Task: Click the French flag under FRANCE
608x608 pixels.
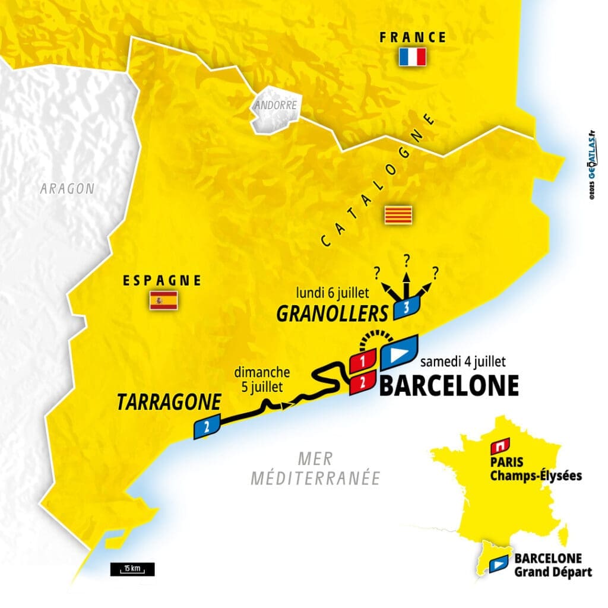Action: click(413, 57)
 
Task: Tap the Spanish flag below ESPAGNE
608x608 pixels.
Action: click(163, 300)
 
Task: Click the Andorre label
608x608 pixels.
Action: click(275, 105)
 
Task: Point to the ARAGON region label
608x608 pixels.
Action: click(67, 189)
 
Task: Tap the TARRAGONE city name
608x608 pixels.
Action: click(168, 403)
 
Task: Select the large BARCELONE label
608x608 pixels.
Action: click(448, 385)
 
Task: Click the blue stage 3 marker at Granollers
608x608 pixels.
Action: click(406, 309)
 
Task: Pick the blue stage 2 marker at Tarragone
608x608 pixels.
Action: click(207, 426)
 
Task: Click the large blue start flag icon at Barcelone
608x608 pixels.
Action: click(399, 353)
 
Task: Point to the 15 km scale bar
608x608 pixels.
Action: click(132, 569)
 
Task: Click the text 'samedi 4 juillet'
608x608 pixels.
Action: click(463, 362)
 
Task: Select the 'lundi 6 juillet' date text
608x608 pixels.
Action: click(333, 292)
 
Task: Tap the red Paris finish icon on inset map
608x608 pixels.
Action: click(502, 445)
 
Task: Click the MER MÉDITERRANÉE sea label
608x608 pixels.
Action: click(315, 468)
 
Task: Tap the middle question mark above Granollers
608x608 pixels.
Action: click(407, 260)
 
